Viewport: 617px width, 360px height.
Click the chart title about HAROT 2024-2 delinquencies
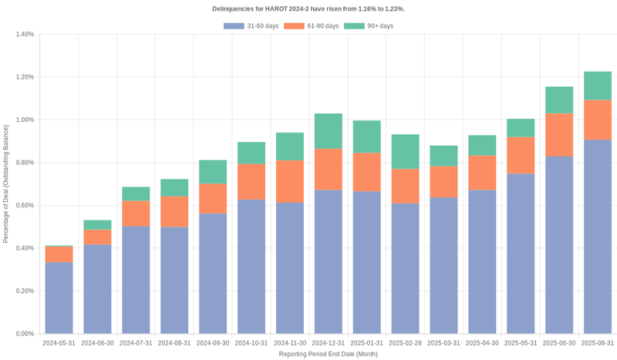pyautogui.click(x=308, y=8)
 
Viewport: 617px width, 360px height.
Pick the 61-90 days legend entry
pyautogui.click(x=312, y=26)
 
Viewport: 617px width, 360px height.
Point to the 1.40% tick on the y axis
pyautogui.click(x=24, y=35)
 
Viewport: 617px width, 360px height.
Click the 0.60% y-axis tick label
pyautogui.click(x=24, y=206)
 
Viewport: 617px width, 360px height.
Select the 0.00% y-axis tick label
pyautogui.click(x=24, y=334)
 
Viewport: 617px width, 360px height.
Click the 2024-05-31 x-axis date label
pyautogui.click(x=59, y=343)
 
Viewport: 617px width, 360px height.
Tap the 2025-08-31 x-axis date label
pyautogui.click(x=598, y=343)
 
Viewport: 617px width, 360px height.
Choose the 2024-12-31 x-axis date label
pyautogui.click(x=329, y=343)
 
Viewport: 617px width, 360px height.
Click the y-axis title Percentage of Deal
pyautogui.click(x=6, y=184)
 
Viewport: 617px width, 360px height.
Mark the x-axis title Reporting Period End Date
pyautogui.click(x=328, y=354)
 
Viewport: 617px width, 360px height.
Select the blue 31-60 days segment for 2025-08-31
pyautogui.click(x=598, y=237)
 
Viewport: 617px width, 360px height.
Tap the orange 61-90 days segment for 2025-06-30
pyautogui.click(x=559, y=135)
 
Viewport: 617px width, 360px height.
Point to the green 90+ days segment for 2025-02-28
pyautogui.click(x=406, y=152)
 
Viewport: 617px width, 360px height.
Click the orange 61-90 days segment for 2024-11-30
pyautogui.click(x=290, y=181)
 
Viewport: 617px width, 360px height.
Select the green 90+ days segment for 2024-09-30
pyautogui.click(x=213, y=172)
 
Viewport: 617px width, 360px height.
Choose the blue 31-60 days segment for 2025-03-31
pyautogui.click(x=443, y=265)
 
